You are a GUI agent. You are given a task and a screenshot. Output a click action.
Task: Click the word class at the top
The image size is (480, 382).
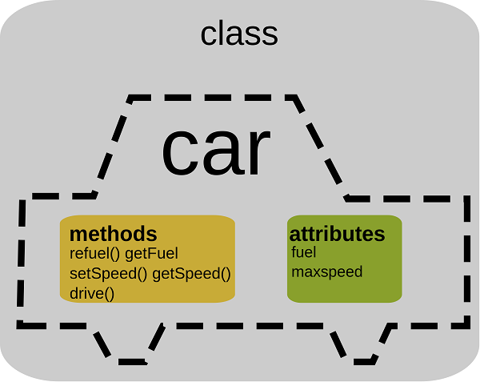point(239,34)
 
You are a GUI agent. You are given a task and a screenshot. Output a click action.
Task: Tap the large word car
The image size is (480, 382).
point(216,152)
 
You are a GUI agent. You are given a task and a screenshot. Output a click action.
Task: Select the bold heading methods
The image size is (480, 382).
point(114,234)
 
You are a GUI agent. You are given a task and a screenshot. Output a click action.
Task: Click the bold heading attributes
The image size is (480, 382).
point(337,234)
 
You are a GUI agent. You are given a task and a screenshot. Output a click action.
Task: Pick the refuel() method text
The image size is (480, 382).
point(95,254)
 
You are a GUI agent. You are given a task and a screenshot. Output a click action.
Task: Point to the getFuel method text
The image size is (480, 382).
point(151,254)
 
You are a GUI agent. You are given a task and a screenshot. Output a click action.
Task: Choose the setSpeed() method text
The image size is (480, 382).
point(108,274)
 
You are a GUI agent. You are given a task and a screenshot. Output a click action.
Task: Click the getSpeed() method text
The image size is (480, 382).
point(191,274)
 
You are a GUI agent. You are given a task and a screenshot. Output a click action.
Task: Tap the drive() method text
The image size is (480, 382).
point(92,293)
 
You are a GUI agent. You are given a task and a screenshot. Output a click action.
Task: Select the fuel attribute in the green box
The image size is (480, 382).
point(304,252)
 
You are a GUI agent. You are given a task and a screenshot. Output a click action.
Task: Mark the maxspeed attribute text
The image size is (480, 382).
point(327,272)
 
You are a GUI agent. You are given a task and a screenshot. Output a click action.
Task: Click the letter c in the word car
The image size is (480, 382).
point(178,152)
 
